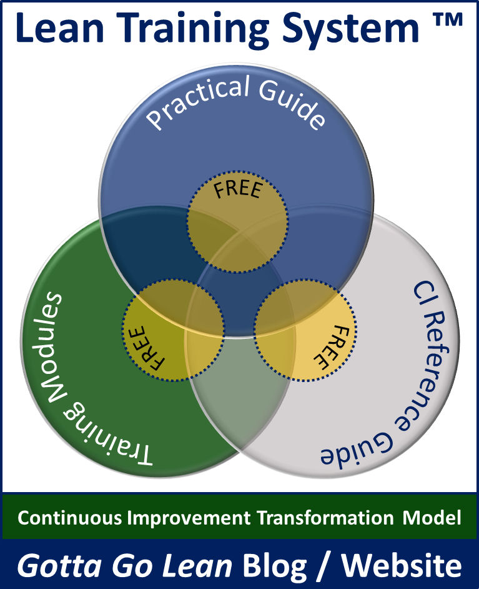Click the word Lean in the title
[60, 28]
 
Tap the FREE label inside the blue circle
[238, 189]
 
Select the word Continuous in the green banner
[70, 518]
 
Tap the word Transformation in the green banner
[325, 518]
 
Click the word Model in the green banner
[432, 518]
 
